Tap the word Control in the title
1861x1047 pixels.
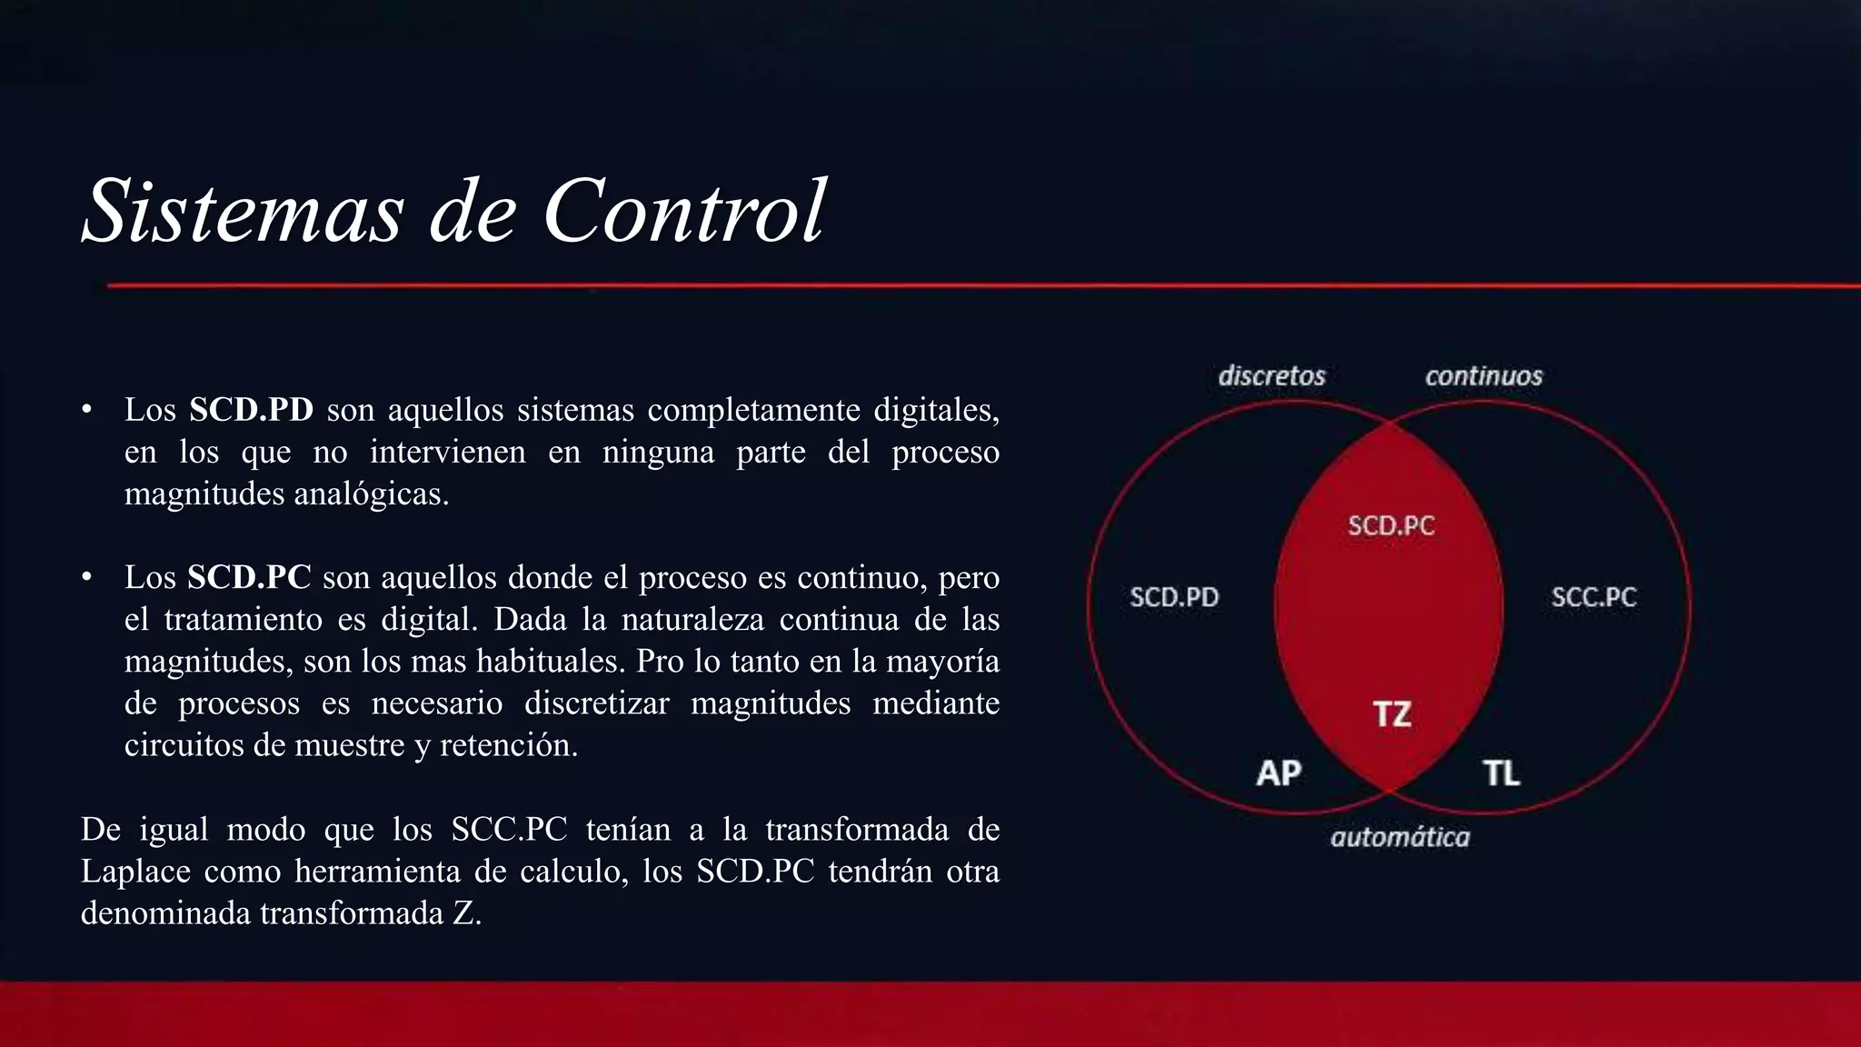point(684,211)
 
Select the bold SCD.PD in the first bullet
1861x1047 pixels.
point(251,410)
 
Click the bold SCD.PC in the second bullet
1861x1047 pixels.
point(249,577)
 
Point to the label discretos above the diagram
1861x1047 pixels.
point(1271,375)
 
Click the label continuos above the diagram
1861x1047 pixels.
point(1483,375)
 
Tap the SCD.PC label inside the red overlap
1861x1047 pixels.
point(1390,525)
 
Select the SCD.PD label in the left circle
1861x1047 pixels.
point(1174,597)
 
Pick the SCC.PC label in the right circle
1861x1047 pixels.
point(1593,597)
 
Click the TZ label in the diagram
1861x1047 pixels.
point(1392,714)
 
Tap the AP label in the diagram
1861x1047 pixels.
point(1279,773)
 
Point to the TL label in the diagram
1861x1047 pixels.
point(1501,773)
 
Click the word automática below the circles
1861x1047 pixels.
point(1399,837)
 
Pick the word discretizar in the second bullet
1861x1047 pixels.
point(596,703)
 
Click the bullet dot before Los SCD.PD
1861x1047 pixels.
point(87,410)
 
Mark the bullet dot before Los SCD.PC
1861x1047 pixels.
point(87,577)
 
